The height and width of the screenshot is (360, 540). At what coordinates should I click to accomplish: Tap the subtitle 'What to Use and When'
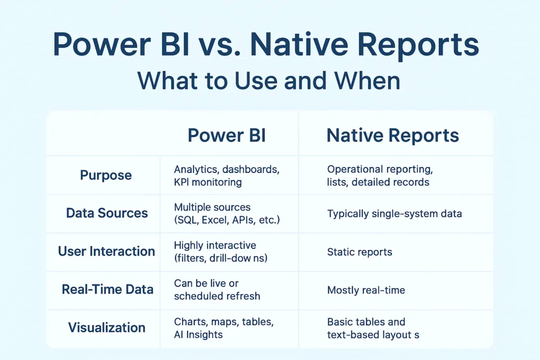point(268,81)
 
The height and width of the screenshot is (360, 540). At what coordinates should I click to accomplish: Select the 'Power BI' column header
point(227,135)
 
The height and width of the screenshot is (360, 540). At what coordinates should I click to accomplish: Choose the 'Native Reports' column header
point(392,135)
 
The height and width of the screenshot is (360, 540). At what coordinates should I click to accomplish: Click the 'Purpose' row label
point(105,176)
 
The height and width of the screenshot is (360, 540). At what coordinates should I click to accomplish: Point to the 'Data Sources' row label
point(107,213)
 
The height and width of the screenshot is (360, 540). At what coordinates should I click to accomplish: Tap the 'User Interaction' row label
point(107,251)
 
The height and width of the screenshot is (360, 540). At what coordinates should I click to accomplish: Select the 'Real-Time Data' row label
point(108,289)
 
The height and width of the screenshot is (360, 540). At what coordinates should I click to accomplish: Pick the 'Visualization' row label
point(107,328)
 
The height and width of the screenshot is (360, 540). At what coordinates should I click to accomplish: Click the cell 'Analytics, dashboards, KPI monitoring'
point(227,176)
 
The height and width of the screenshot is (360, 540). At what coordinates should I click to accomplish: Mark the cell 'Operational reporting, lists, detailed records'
point(380,176)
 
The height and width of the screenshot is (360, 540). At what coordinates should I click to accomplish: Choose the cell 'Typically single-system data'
point(394,213)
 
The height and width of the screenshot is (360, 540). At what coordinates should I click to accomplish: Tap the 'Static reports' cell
point(360,252)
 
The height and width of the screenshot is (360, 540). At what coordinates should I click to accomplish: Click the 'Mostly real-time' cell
point(366,290)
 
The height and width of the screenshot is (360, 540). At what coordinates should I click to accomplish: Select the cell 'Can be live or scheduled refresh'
point(217,289)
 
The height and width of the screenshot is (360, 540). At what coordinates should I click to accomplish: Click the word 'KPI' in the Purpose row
point(181,182)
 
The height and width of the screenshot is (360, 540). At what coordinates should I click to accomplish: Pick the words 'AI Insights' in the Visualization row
point(198,335)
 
